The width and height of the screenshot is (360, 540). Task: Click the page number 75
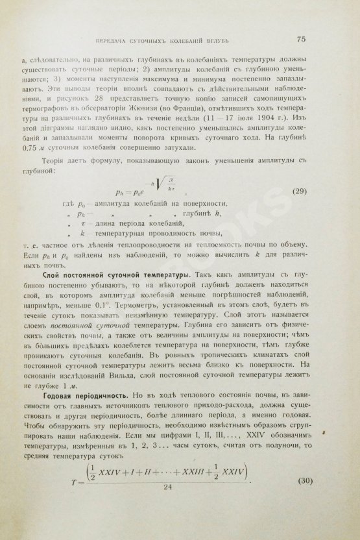pos(300,40)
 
